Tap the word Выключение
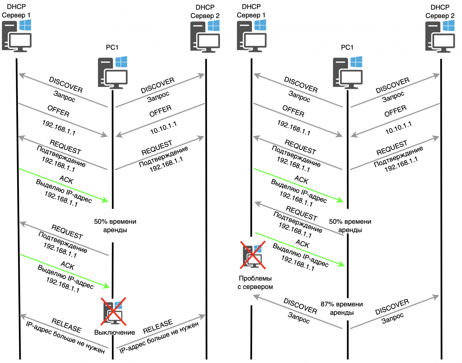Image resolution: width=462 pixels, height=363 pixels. click(114, 333)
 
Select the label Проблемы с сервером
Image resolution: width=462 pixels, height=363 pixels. click(255, 282)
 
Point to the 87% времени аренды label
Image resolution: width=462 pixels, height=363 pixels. click(341, 308)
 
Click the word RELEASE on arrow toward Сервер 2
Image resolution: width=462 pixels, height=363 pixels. click(158, 326)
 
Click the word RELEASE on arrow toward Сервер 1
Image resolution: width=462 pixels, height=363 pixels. click(66, 325)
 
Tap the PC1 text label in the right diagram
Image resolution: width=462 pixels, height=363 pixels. click(347, 47)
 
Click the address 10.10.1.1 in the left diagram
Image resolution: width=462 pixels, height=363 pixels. click(163, 128)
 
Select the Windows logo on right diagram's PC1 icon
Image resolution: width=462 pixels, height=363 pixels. click(356, 62)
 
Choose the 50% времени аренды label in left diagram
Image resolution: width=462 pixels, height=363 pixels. click(115, 226)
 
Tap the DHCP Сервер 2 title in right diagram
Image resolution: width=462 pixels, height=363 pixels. click(440, 12)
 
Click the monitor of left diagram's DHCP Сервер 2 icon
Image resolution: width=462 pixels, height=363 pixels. click(208, 41)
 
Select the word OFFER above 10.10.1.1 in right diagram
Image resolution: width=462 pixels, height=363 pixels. click(395, 111)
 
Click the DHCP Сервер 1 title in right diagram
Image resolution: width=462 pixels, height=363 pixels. click(251, 11)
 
